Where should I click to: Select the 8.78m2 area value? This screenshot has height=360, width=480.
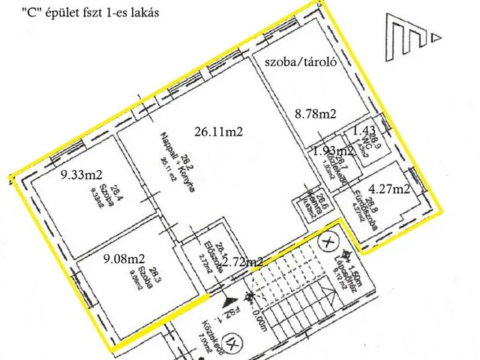315,113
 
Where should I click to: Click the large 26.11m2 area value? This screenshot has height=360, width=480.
221,130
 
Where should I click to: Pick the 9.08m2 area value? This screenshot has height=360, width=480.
124,262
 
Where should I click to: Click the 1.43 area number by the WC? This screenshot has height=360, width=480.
363,130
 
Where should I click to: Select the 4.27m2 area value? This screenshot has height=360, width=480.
389,188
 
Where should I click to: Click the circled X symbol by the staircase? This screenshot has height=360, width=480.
327,242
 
